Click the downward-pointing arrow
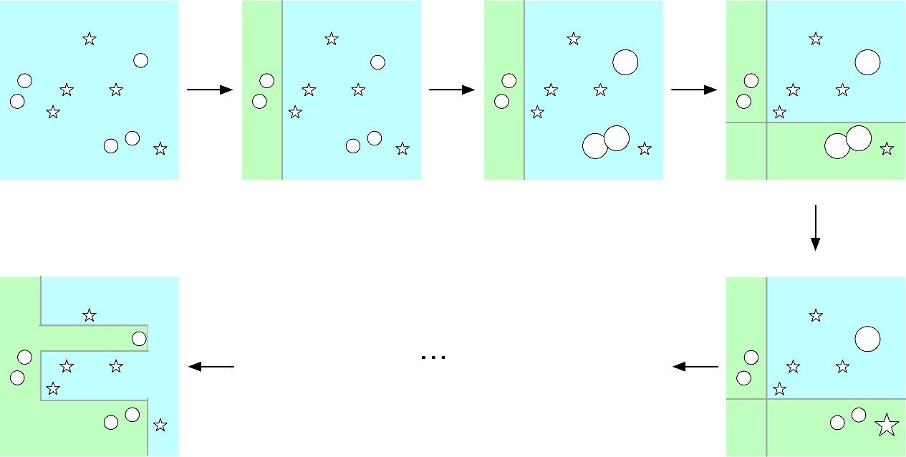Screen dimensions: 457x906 [x=815, y=228]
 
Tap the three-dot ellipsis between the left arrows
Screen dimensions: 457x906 [x=434, y=357]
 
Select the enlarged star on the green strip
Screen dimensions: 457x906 [x=887, y=425]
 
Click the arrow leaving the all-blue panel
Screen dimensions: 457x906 [x=210, y=90]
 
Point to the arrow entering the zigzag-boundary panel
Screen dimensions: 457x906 [x=211, y=367]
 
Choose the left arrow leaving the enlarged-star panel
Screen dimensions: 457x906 [x=695, y=367]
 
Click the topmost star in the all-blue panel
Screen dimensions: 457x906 [x=89, y=39]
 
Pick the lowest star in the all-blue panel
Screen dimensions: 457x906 [x=160, y=149]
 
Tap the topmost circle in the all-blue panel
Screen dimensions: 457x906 [x=140, y=60]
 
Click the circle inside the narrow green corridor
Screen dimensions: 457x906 [x=139, y=338]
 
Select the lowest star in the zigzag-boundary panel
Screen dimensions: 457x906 [x=160, y=425]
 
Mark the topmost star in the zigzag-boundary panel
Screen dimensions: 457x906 [x=89, y=315]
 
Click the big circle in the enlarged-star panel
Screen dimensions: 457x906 [x=867, y=339]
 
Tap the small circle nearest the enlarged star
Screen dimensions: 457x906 [x=859, y=415]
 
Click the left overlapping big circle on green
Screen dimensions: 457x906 [x=837, y=146]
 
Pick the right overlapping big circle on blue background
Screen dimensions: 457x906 [x=617, y=138]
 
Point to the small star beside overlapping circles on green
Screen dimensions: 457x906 [x=887, y=149]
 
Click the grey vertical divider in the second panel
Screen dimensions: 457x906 [x=282, y=90]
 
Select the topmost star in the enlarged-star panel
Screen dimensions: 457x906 [x=815, y=315]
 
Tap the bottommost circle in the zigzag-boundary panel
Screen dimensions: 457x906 [x=110, y=423]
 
